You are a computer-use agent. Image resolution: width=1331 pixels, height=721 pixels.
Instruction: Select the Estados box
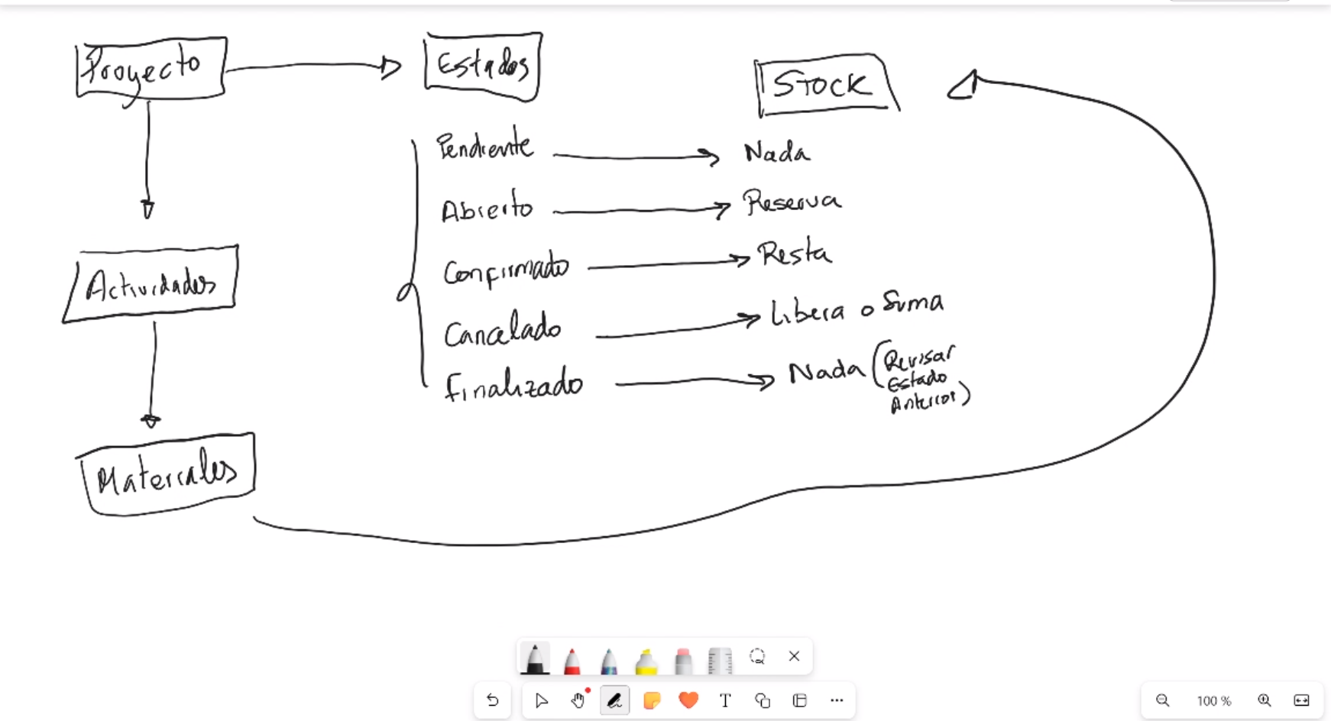pos(482,66)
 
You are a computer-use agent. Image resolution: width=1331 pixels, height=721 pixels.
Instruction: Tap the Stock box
pos(824,84)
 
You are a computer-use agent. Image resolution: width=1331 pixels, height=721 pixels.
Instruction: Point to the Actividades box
pos(151,285)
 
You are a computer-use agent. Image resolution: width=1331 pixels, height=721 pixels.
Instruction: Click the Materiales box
pos(167,474)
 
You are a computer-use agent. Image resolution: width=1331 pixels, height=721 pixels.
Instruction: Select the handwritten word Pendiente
pos(484,145)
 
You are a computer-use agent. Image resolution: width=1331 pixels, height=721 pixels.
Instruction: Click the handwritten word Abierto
pos(487,208)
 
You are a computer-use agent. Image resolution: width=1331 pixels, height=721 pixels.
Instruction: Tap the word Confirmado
pos(506,270)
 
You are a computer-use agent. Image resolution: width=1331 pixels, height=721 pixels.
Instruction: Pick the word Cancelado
pos(503,331)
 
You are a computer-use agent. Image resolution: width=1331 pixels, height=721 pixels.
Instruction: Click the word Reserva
pos(792,202)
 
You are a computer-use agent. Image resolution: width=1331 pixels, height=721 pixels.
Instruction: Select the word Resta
pos(794,253)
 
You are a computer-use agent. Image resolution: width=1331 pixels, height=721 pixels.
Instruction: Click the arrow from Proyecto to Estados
pos(313,66)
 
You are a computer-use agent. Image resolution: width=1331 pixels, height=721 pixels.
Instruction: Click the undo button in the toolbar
pos(493,700)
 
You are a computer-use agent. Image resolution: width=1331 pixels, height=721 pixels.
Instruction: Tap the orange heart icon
pos(688,700)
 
